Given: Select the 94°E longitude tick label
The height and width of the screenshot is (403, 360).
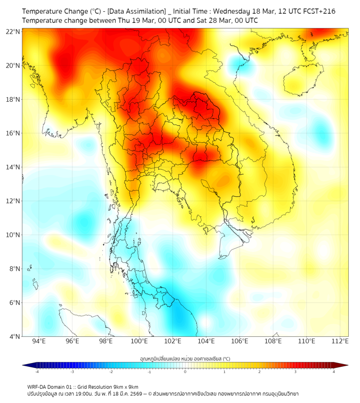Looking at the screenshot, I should point(39,342).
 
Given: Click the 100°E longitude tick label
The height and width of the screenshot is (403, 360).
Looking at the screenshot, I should point(140,342).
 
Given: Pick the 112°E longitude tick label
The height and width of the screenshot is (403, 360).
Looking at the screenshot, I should point(340,342).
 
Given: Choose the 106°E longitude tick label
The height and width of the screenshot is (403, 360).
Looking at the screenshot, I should point(240,342).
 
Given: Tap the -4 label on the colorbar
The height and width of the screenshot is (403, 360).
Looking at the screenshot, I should point(37,372).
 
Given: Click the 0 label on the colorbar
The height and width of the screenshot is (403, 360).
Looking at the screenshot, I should point(185,372).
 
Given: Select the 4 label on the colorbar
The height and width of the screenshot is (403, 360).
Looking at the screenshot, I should point(334,372).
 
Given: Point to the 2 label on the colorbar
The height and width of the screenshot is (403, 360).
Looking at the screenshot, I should point(259,372).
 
